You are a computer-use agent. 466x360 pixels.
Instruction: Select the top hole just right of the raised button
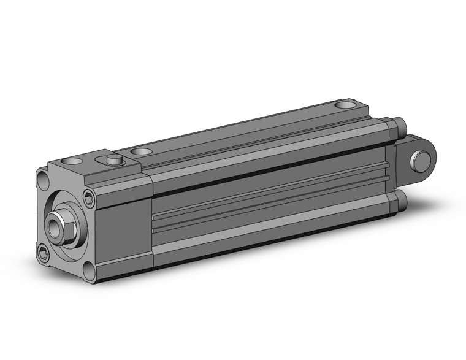coord(142,151)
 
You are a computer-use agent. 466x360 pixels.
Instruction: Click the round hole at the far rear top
coord(346,107)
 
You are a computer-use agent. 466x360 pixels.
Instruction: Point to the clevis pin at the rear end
coord(421,162)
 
